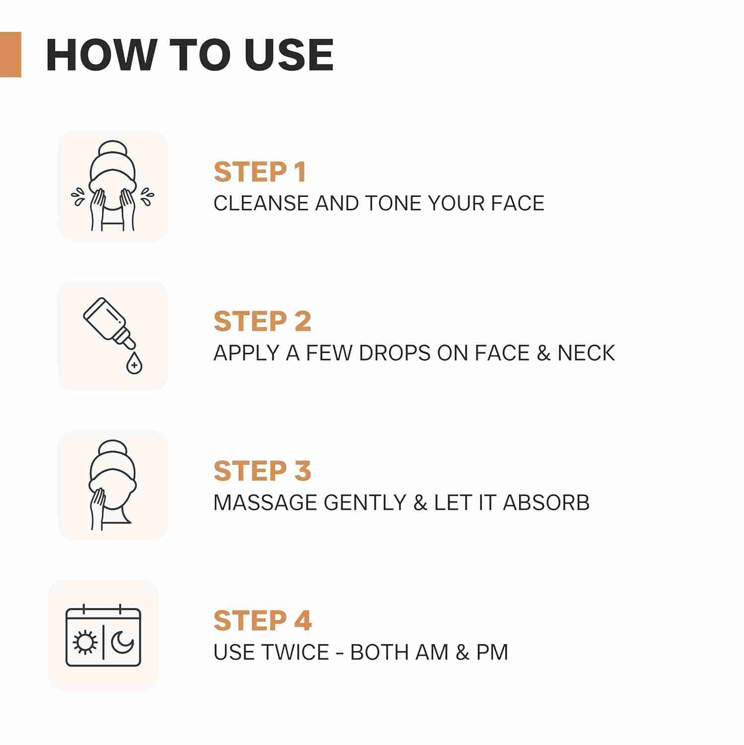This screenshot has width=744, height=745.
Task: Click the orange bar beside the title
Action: click(x=10, y=55)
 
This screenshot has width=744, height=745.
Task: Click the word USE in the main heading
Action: click(x=289, y=55)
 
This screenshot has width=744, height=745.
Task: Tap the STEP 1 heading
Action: click(x=260, y=172)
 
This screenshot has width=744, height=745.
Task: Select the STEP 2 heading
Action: click(x=263, y=321)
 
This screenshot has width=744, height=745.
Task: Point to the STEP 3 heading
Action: click(x=263, y=471)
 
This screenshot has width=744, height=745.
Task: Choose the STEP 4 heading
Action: click(x=263, y=620)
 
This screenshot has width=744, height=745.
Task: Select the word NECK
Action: click(x=586, y=353)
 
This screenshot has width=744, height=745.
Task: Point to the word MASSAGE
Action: click(x=266, y=502)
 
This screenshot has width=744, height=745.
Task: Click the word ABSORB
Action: click(x=546, y=502)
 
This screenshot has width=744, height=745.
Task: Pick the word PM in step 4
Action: click(x=492, y=652)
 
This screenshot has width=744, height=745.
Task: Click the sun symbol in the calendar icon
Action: click(x=85, y=643)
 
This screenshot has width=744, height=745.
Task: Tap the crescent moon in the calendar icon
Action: click(x=122, y=643)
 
